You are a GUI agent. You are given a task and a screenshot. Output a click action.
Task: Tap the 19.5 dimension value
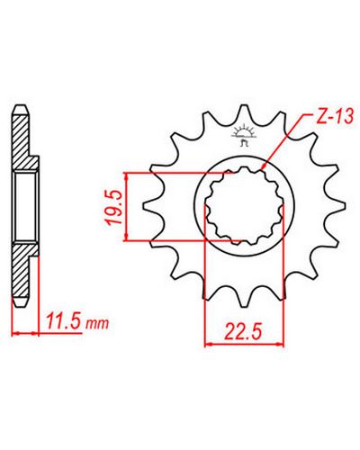coord(114,207)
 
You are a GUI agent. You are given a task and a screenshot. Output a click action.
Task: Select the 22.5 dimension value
coord(244,331)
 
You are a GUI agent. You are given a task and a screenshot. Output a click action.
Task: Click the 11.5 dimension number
coord(63,322)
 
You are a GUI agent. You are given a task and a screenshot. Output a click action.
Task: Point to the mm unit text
coord(97,324)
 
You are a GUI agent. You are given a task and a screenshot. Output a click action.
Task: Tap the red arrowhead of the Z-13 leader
coord(265,166)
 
